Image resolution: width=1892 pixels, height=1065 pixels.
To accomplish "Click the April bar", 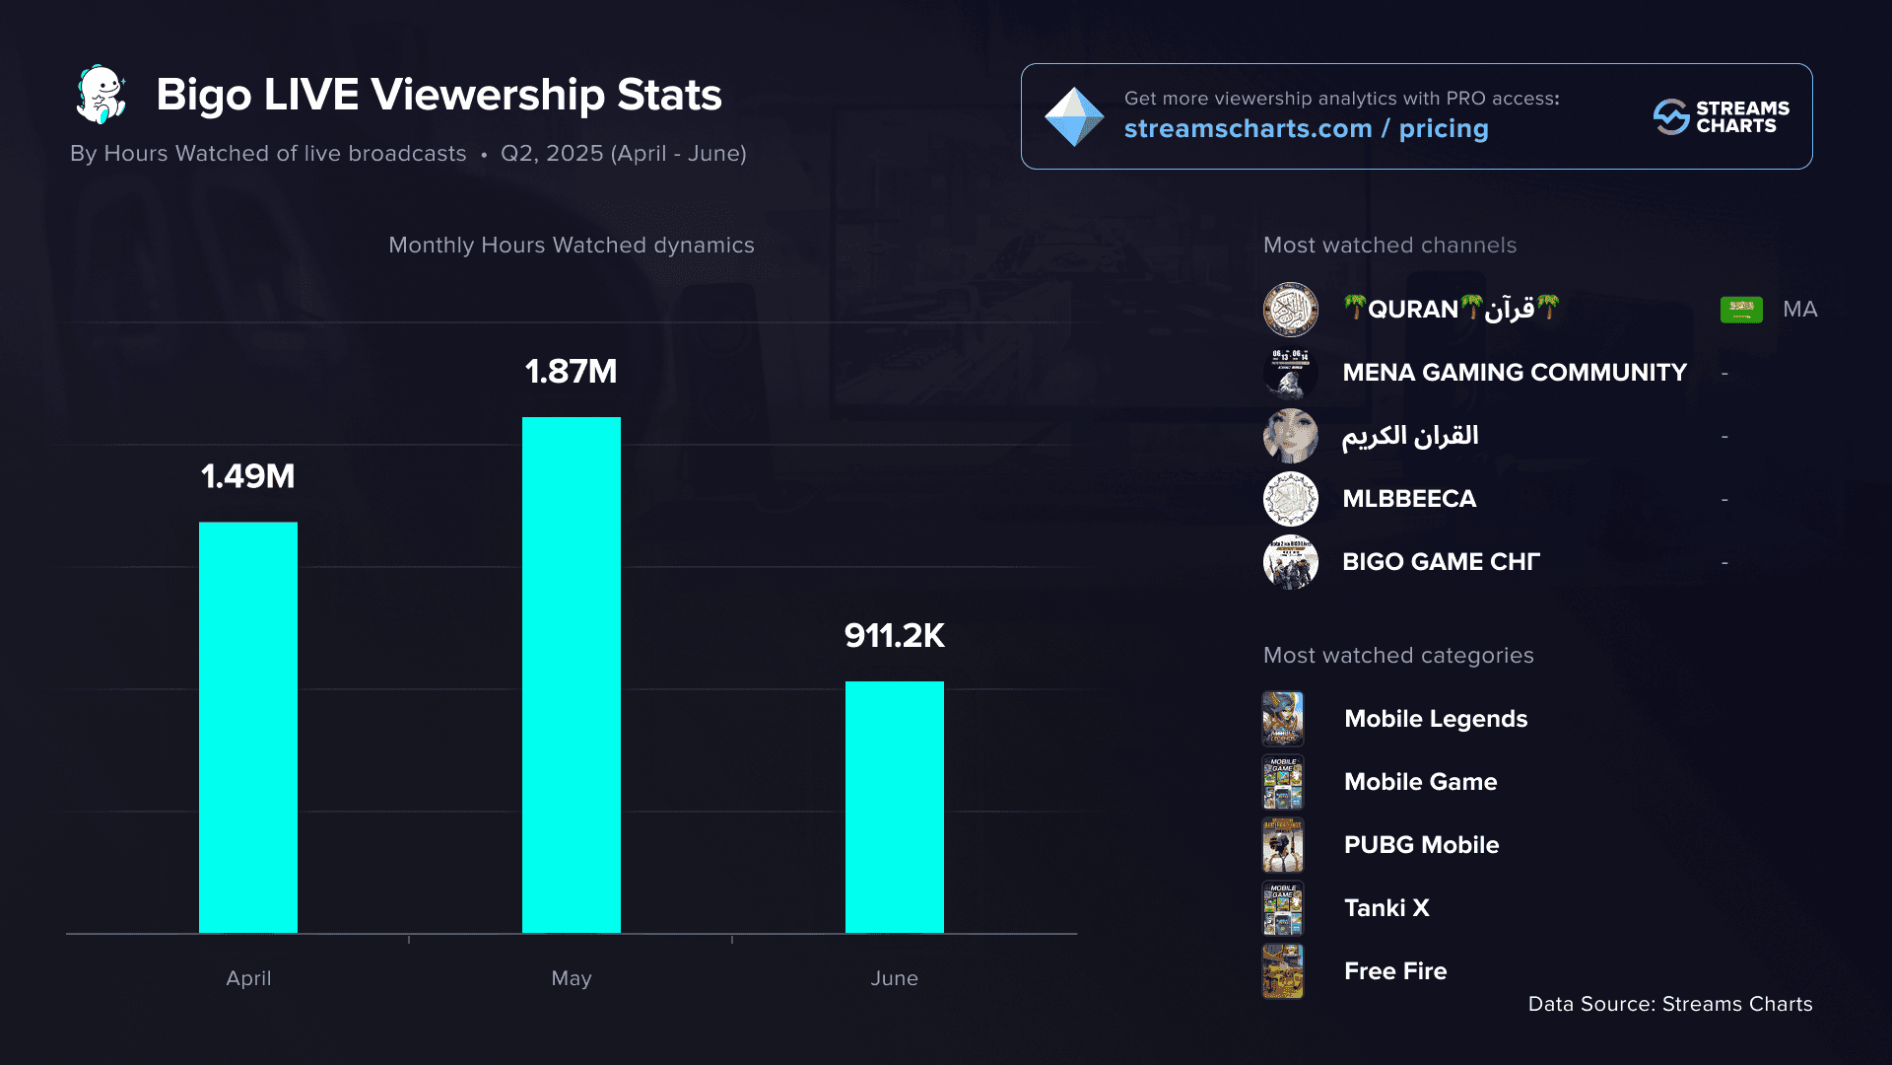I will [248, 727].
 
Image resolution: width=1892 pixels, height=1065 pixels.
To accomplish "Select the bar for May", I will [572, 674].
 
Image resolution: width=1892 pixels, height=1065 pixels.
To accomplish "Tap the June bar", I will [895, 807].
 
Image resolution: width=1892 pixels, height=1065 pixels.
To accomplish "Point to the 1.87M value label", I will [572, 372].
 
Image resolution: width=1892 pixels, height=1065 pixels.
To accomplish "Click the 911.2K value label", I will [895, 636].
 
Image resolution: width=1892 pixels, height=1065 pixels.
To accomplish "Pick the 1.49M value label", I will [248, 476].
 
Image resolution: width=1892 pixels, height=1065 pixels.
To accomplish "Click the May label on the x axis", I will [572, 978].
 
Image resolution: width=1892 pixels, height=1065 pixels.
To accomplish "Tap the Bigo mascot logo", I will [101, 95].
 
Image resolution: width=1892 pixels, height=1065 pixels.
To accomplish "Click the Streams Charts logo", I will [1721, 116].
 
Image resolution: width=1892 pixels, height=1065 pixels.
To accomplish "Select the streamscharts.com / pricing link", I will [1307, 129].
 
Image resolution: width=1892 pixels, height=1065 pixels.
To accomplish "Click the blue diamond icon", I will [1074, 116].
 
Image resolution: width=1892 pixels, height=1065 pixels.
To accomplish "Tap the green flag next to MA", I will [1741, 310].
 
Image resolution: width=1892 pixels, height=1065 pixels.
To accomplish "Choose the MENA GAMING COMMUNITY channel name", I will [1515, 373].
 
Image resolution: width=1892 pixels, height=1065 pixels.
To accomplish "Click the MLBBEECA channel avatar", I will [1291, 499].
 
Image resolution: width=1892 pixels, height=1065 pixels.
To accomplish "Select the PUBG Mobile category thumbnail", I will [1283, 845].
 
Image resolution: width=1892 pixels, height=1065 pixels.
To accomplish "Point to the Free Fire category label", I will [1395, 971].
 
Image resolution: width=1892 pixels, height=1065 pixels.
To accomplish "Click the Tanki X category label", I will [1386, 908].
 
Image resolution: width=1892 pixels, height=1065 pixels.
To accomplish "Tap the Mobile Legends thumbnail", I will [1283, 719].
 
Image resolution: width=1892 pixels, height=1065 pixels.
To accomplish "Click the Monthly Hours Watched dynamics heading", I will [572, 246].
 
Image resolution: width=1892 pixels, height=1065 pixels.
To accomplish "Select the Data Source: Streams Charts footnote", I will [1670, 1004].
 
